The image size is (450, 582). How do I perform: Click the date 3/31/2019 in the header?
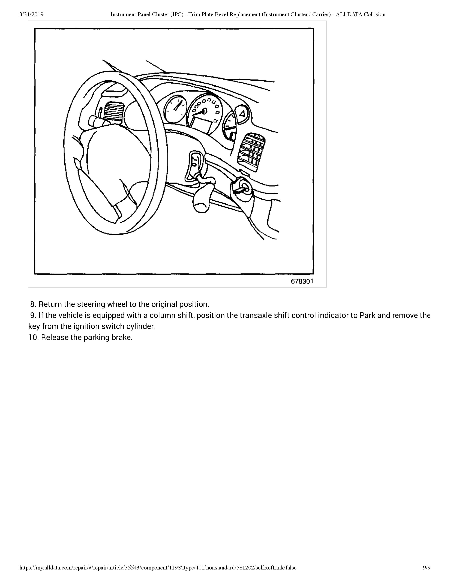click(x=31, y=14)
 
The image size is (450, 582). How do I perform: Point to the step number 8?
click(x=33, y=304)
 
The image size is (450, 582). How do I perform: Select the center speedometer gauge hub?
click(x=205, y=111)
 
